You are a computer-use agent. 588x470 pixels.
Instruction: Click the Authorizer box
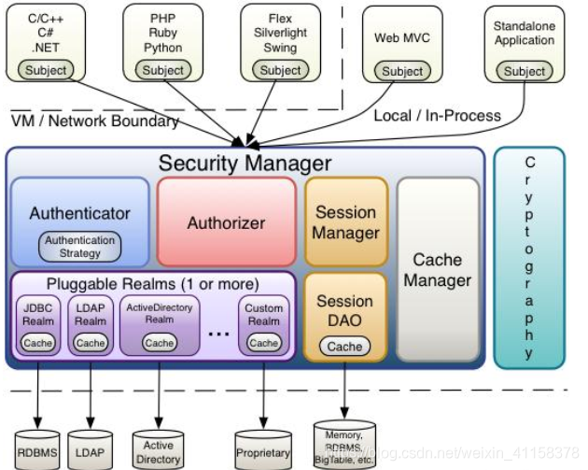(225, 222)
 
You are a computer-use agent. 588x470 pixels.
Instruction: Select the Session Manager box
(345, 222)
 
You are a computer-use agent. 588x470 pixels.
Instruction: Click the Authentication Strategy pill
(80, 246)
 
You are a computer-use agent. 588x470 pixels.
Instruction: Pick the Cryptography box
(529, 257)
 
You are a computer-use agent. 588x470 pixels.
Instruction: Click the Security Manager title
(245, 163)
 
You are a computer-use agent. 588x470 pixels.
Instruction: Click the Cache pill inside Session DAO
(344, 346)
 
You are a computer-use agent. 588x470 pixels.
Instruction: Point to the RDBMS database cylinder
(39, 448)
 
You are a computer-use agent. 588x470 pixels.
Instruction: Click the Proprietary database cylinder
(263, 449)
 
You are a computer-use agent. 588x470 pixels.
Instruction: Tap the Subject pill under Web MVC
(402, 71)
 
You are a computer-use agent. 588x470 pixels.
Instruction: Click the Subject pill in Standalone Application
(524, 71)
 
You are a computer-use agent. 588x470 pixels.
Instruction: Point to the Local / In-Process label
(437, 116)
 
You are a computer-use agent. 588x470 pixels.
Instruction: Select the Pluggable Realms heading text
(153, 283)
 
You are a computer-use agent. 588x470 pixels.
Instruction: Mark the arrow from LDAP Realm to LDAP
(91, 392)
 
